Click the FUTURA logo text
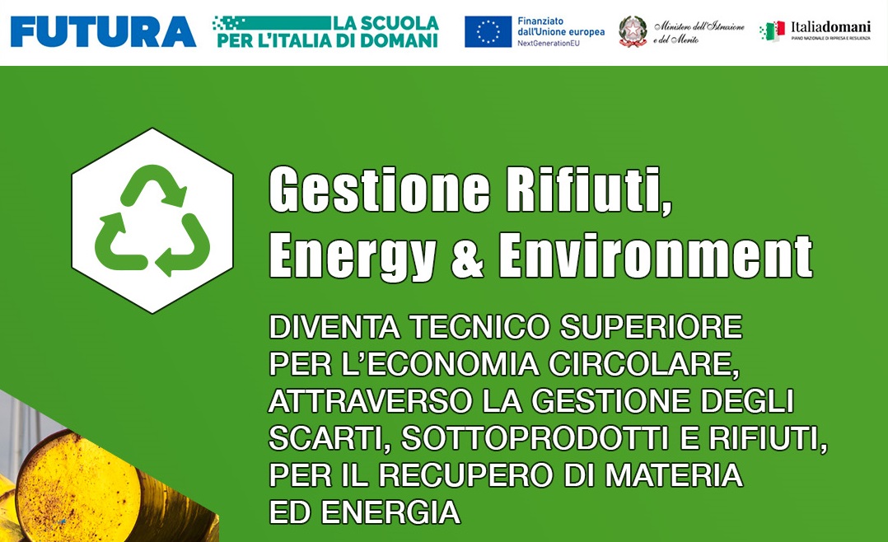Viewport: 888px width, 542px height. coord(103,31)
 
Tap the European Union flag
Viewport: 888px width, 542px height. coord(488,31)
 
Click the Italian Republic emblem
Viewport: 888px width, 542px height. coord(633,31)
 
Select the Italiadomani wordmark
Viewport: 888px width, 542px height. coord(830,26)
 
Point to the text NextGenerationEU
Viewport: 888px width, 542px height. coord(549,43)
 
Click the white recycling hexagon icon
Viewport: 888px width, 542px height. coord(152,221)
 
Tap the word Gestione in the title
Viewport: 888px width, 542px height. coord(380,189)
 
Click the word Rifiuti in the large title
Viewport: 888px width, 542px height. coord(588,189)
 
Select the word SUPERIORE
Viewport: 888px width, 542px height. coord(652,327)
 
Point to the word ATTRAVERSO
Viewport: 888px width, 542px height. coord(371,401)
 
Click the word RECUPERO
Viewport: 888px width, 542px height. coord(465,475)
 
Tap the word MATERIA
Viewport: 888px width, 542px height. coord(674,475)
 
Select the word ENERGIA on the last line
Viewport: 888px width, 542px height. coord(390,512)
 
